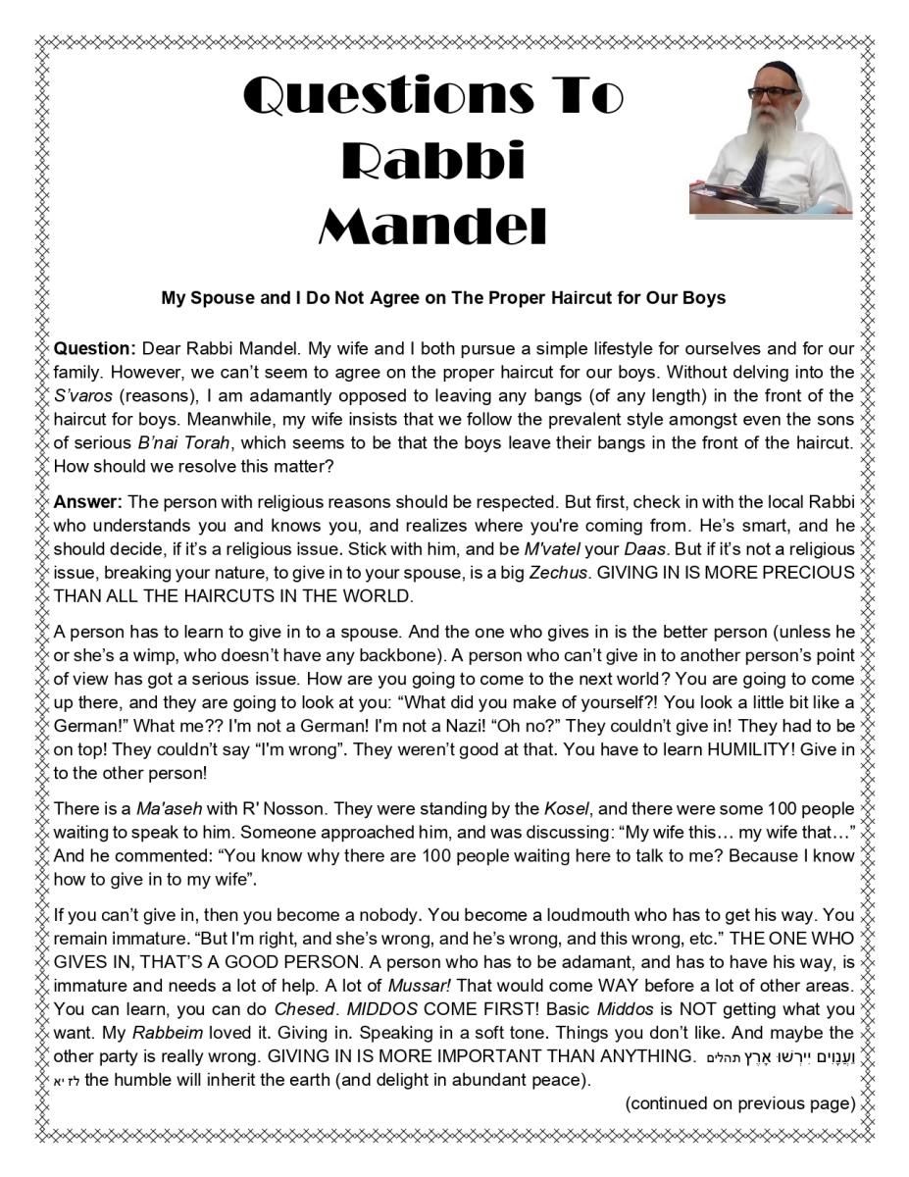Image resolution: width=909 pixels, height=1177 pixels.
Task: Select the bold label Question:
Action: click(x=94, y=348)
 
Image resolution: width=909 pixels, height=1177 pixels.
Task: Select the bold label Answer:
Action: click(x=88, y=502)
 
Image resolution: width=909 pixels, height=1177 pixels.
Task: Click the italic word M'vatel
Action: click(x=551, y=548)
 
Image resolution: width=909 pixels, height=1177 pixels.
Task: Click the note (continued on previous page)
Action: click(x=740, y=1102)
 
